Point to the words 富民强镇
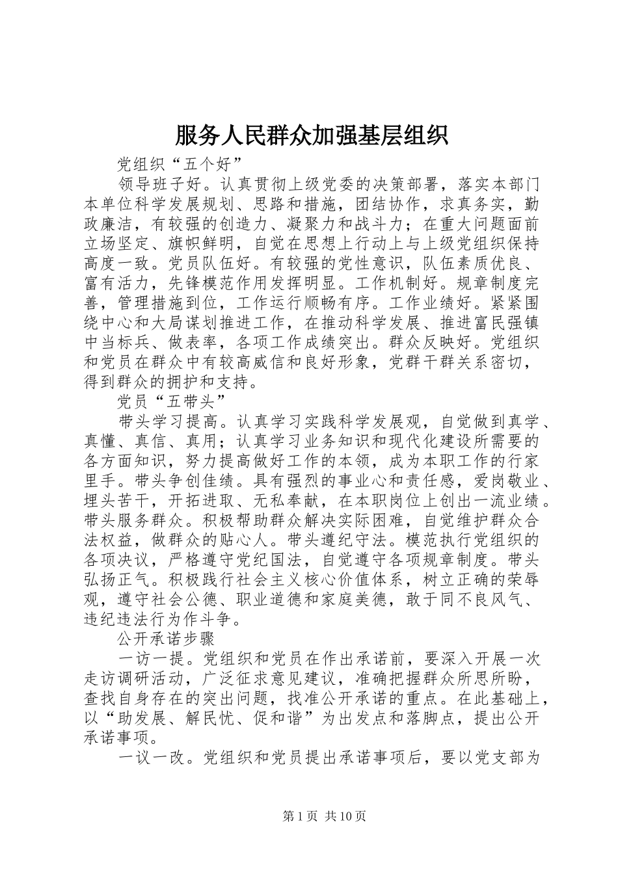coord(508,323)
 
